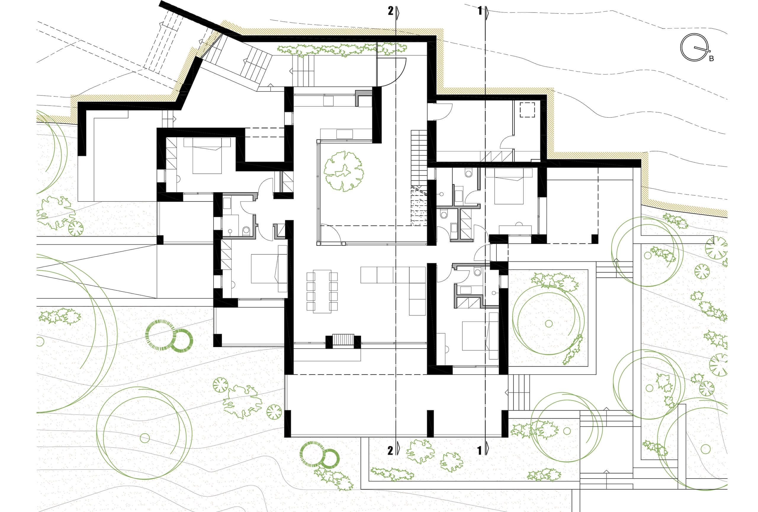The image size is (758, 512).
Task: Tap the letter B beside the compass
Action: click(x=711, y=59)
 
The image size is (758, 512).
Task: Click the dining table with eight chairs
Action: click(x=322, y=291)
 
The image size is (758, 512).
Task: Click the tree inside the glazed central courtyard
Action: click(x=344, y=171)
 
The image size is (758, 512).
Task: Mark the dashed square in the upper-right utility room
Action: click(x=527, y=110)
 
